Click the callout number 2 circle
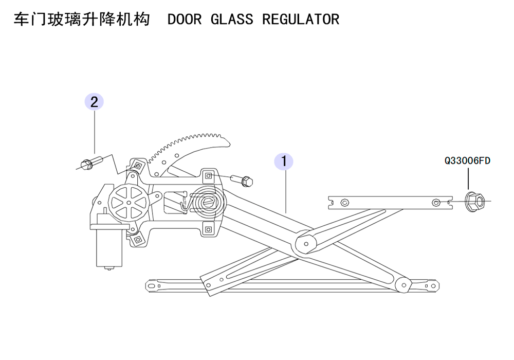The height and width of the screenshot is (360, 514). (94, 102)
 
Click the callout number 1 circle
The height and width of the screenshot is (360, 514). (284, 161)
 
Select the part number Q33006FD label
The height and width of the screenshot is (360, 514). (467, 160)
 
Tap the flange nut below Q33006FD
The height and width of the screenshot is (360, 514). (475, 201)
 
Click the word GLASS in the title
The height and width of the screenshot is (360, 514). (231, 20)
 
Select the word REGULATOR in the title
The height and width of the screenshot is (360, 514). (301, 20)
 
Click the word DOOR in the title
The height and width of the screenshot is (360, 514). (184, 20)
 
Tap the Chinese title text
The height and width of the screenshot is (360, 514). (82, 20)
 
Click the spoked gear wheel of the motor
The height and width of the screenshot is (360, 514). (128, 203)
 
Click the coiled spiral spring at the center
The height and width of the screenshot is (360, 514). (208, 202)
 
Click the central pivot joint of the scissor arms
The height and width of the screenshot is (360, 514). (306, 244)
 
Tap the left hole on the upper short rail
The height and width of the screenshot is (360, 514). (344, 202)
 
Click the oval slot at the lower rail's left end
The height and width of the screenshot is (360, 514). (151, 286)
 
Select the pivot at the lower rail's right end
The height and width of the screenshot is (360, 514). (403, 285)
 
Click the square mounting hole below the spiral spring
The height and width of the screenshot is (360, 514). (208, 229)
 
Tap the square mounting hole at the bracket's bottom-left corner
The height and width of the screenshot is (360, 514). (138, 240)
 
